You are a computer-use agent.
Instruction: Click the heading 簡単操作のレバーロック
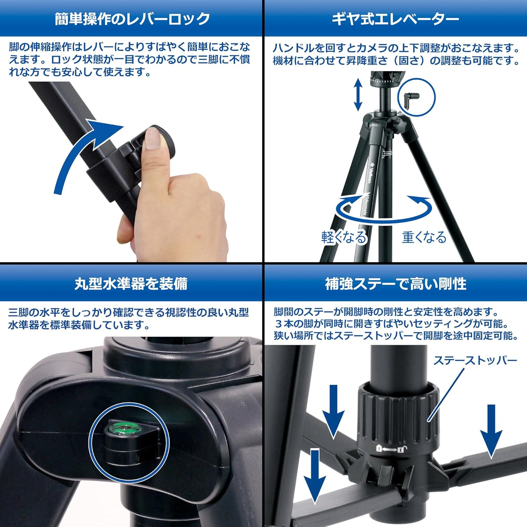pyautogui.click(x=132, y=19)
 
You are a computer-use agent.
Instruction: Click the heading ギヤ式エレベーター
pyautogui.click(x=395, y=19)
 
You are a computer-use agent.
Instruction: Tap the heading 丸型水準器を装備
pyautogui.click(x=131, y=284)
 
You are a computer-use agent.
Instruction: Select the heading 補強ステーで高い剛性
pyautogui.click(x=396, y=284)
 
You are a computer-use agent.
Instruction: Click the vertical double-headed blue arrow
pyautogui.click(x=358, y=94)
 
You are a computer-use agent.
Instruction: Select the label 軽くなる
pyautogui.click(x=344, y=238)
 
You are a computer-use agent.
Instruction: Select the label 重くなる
pyautogui.click(x=424, y=238)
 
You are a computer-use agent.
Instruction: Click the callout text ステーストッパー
pyautogui.click(x=475, y=360)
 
